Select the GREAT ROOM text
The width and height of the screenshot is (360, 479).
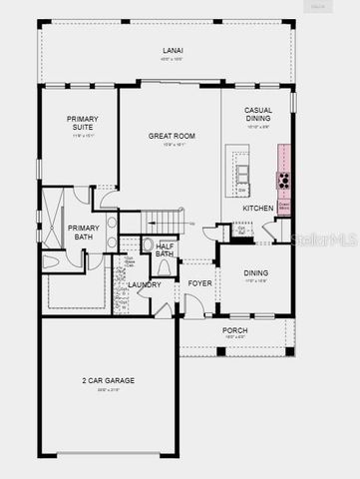[172, 135]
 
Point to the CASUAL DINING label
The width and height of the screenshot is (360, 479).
[257, 115]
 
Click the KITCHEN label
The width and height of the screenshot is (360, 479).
[258, 208]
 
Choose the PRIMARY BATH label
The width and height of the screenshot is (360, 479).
[83, 232]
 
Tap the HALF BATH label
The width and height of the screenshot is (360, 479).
[165, 249]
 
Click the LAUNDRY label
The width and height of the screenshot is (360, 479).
[145, 284]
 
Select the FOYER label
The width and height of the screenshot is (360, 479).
[199, 284]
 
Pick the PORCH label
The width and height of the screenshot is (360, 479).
[234, 330]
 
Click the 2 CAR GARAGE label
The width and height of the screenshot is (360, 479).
[107, 380]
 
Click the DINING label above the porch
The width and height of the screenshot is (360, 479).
[256, 272]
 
